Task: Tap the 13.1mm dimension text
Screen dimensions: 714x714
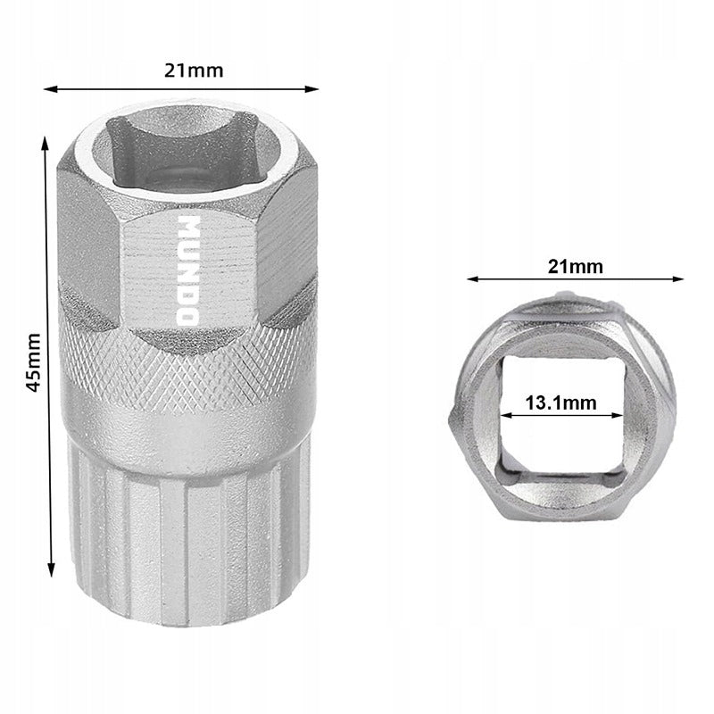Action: click(x=561, y=403)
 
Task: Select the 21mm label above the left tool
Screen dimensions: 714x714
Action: click(x=194, y=71)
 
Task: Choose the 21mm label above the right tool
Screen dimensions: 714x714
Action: click(x=575, y=266)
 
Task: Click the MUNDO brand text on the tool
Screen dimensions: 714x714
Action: click(x=188, y=270)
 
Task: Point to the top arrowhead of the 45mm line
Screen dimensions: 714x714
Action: click(x=45, y=144)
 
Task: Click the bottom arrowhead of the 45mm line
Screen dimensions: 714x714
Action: click(x=52, y=569)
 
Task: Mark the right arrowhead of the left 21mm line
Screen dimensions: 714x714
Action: click(x=311, y=88)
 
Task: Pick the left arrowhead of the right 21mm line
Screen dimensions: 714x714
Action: click(x=474, y=278)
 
